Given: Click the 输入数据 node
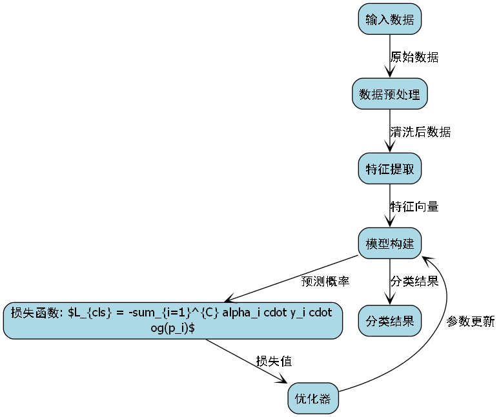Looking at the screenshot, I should [x=389, y=19].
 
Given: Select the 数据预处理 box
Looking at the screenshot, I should [x=389, y=95].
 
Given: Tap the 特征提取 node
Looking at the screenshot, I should [x=389, y=170].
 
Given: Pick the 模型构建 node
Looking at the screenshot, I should [x=389, y=244].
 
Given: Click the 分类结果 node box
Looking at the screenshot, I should [x=389, y=320].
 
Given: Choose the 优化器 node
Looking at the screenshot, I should [x=312, y=399].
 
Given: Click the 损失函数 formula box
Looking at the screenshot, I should [x=172, y=320].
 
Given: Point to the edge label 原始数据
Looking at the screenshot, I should [x=414, y=57].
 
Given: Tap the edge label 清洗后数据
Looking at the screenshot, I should [x=420, y=132].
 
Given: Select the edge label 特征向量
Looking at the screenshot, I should [x=414, y=207].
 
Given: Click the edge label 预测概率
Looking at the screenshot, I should [x=325, y=282].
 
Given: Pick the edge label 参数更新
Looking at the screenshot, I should [x=471, y=321].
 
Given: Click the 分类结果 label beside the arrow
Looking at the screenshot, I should [x=414, y=282].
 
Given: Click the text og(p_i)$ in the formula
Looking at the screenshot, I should [x=172, y=328].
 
